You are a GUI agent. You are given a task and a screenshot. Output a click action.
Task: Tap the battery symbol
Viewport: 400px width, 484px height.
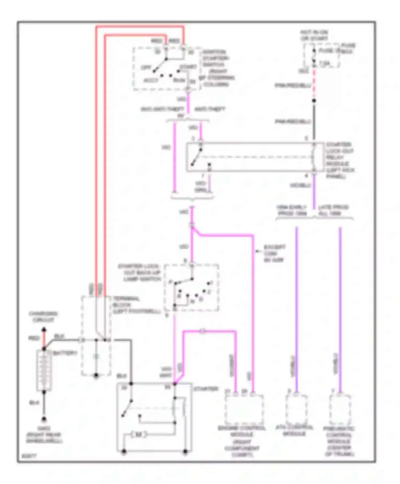click(x=44, y=371)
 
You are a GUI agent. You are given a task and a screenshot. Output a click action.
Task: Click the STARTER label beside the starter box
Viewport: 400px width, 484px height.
click(x=206, y=389)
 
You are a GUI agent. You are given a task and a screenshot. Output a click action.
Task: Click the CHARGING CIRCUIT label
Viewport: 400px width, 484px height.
click(x=43, y=317)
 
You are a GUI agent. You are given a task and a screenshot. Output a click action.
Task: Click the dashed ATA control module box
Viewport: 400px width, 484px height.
click(x=296, y=410)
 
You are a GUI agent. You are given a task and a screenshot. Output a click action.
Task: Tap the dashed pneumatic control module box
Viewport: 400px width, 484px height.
click(x=339, y=410)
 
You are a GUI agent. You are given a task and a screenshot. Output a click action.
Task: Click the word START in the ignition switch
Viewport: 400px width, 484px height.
click(x=188, y=66)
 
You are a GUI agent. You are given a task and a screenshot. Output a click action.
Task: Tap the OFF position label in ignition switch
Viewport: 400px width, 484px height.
click(x=146, y=67)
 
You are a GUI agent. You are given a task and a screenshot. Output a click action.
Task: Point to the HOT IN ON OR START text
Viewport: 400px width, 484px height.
click(x=314, y=35)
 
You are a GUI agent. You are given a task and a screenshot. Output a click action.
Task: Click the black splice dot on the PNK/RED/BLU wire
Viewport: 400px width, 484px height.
click(x=314, y=101)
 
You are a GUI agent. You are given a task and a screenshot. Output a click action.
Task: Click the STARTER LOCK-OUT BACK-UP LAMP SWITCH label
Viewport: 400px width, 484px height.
click(x=139, y=273)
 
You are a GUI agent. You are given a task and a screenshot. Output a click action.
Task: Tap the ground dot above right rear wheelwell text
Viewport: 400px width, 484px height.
click(x=44, y=419)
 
